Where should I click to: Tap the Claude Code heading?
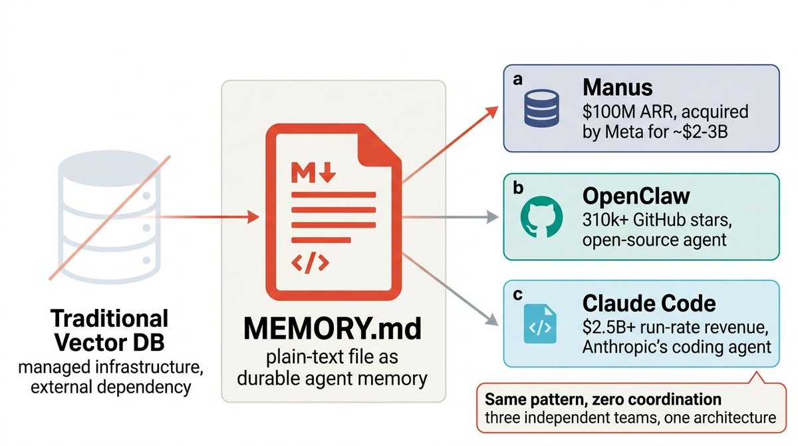649,304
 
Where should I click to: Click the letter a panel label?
519,79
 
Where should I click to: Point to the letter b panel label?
519,188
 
